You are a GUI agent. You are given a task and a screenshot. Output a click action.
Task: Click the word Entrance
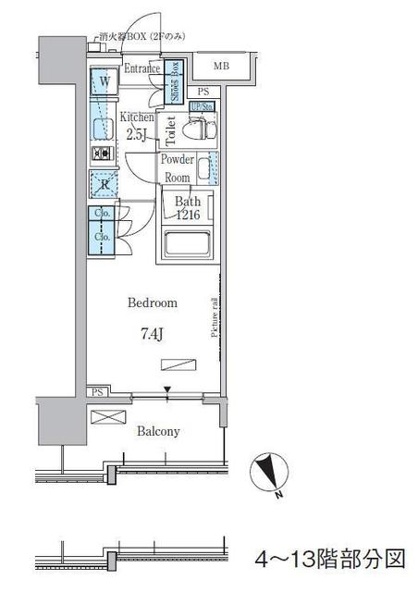click(x=141, y=68)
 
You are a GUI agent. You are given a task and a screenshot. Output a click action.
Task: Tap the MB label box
click(x=222, y=67)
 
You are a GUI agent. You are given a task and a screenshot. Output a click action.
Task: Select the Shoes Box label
click(x=174, y=89)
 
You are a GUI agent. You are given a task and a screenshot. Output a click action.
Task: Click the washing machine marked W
click(x=104, y=82)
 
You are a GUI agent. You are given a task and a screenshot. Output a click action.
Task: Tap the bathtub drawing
click(x=189, y=246)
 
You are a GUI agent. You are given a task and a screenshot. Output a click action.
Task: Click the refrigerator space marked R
click(x=104, y=184)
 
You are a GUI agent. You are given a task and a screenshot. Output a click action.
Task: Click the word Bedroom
click(x=152, y=302)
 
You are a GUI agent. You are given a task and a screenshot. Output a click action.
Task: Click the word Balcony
click(x=158, y=431)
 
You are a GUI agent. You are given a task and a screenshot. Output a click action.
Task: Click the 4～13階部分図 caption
click(x=330, y=560)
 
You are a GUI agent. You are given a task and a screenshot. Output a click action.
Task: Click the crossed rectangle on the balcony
click(x=106, y=418)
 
